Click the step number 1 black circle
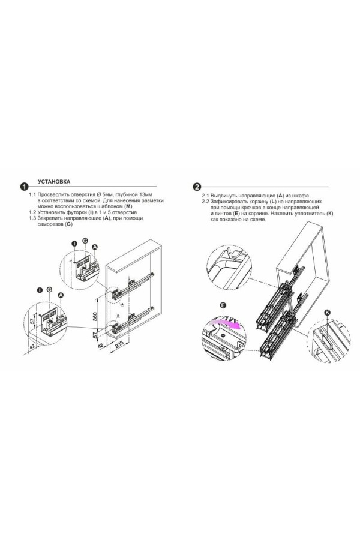click(x=24, y=187)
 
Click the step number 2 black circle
click(x=197, y=187)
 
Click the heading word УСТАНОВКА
click(x=54, y=181)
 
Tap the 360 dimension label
click(x=95, y=316)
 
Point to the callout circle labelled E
click(x=223, y=305)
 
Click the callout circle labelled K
click(x=327, y=313)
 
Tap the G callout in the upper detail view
click(x=85, y=241)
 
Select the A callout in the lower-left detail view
click(x=61, y=295)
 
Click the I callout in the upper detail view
click(x=74, y=244)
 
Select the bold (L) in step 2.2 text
click(x=274, y=202)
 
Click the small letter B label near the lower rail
click(x=118, y=316)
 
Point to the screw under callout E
click(x=223, y=335)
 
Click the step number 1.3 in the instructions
click(x=32, y=218)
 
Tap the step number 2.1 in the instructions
click(x=206, y=196)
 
